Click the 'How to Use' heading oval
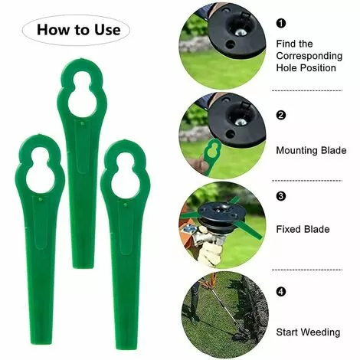click(80, 30)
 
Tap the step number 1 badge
click(280, 25)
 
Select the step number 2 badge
click(280, 116)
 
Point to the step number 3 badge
click(280, 196)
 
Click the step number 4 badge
click(280, 292)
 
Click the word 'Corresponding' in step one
click(309, 56)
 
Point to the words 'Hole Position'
click(307, 68)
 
